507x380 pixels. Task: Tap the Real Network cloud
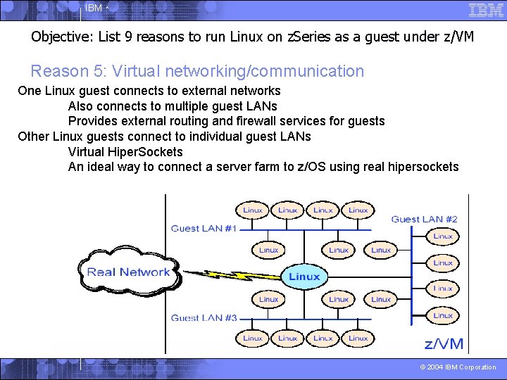pyautogui.click(x=128, y=272)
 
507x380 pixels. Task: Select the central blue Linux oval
pyautogui.click(x=304, y=277)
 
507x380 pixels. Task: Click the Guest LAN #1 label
pyautogui.click(x=204, y=228)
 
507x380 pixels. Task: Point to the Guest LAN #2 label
pyautogui.click(x=424, y=219)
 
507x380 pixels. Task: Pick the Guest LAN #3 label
pyautogui.click(x=204, y=317)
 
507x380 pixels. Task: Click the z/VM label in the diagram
pyautogui.click(x=444, y=343)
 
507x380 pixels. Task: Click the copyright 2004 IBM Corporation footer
pyautogui.click(x=458, y=367)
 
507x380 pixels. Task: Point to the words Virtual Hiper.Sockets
pyautogui.click(x=125, y=152)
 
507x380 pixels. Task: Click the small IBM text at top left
pyautogui.click(x=93, y=8)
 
